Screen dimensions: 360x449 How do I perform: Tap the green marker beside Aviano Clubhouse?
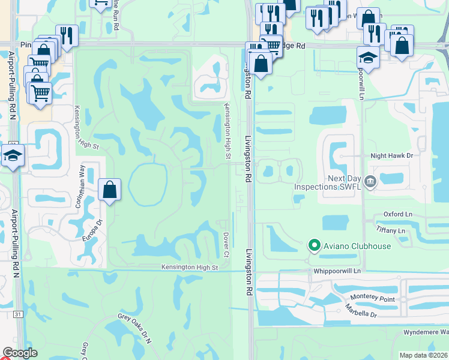click(x=313, y=245)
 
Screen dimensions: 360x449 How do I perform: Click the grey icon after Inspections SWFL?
click(x=370, y=179)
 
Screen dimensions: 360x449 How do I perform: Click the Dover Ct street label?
click(x=226, y=245)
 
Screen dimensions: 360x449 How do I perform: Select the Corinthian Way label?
click(x=82, y=187)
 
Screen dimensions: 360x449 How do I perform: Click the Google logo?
click(x=20, y=353)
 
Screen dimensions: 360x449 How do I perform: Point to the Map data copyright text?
click(x=424, y=355)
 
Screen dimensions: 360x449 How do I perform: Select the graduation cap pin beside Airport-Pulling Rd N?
click(x=13, y=155)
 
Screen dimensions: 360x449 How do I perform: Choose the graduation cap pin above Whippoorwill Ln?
click(x=368, y=58)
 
